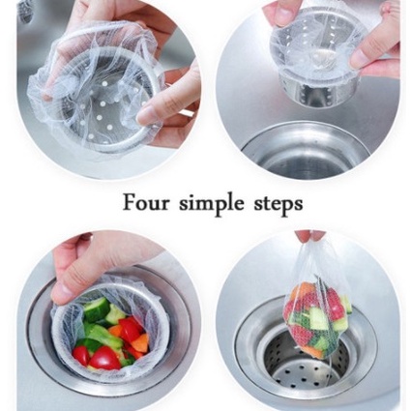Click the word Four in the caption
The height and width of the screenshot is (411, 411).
point(146,202)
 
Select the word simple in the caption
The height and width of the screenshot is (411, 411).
point(212,204)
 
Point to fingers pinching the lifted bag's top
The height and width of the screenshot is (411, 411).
point(308,235)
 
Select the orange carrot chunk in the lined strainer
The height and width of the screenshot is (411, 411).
point(141,342)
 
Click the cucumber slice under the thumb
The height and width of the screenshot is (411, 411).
point(96,309)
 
